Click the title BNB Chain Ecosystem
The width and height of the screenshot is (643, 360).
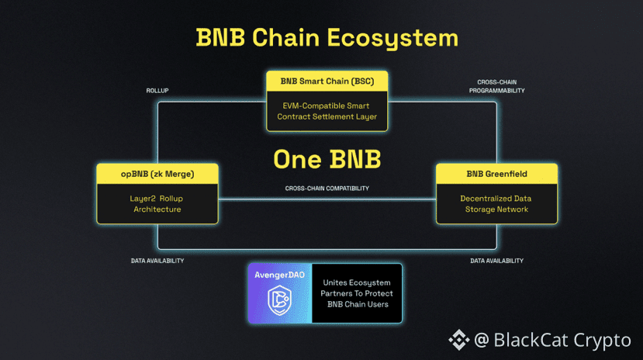[327, 37]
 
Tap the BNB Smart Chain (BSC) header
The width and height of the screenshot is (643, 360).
[327, 81]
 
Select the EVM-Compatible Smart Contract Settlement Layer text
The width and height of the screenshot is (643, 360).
[327, 111]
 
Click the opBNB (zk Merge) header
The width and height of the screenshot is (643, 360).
[157, 174]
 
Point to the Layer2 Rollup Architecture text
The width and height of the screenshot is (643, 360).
[157, 203]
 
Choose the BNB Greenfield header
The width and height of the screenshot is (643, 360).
[496, 174]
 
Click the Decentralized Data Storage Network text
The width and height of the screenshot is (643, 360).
[496, 203]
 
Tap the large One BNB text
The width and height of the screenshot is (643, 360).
[327, 159]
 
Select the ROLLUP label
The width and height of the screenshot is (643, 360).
[157, 91]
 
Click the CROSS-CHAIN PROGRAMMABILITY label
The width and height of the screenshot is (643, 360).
[496, 86]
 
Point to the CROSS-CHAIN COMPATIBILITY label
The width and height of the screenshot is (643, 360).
[327, 189]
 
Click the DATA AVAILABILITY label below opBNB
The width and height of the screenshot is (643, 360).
[157, 261]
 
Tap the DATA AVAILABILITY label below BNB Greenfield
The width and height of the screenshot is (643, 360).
[496, 261]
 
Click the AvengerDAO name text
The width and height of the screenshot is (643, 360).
[278, 274]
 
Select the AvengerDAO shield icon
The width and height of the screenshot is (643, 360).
[278, 301]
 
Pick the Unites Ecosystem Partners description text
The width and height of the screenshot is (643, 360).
[357, 293]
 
